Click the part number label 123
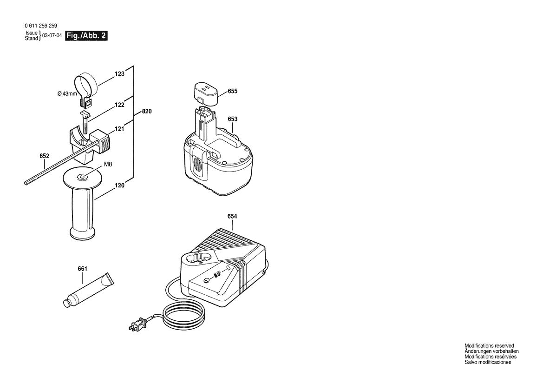120,74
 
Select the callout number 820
146,112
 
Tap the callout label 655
232,91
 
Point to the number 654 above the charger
232,216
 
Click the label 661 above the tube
82,269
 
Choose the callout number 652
44,156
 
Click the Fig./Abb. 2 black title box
86,36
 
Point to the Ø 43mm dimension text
67,93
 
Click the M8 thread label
108,164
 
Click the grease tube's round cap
66,304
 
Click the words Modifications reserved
489,346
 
